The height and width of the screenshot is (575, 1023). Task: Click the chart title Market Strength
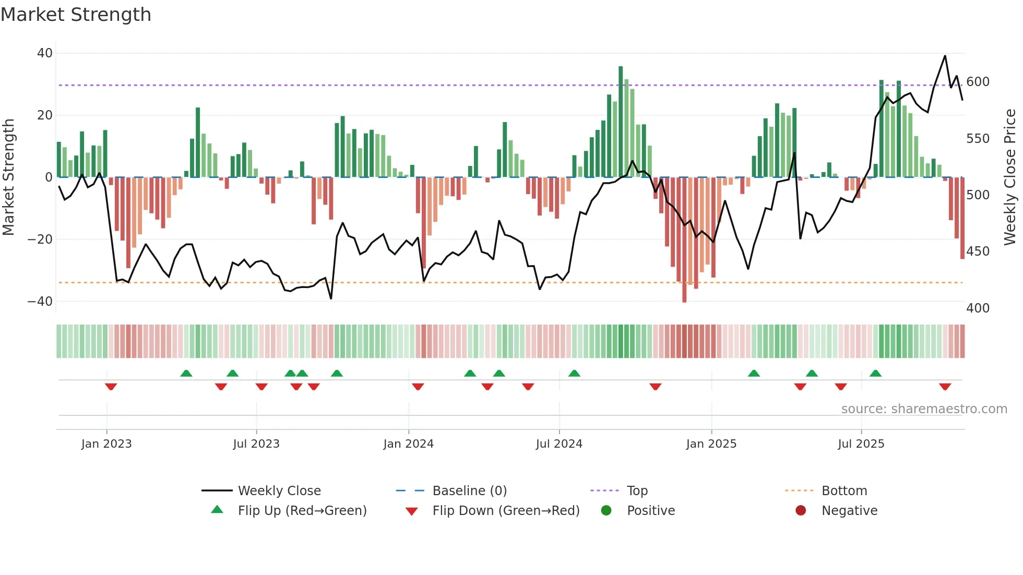pyautogui.click(x=76, y=15)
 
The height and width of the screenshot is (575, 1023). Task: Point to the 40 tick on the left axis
pyautogui.click(x=44, y=53)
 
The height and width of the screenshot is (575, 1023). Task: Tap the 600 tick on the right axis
pyautogui.click(x=978, y=82)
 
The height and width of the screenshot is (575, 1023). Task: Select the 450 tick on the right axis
pyautogui.click(x=978, y=251)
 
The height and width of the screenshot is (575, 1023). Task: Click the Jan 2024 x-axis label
pyautogui.click(x=408, y=444)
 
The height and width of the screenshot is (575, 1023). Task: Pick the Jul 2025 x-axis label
pyautogui.click(x=861, y=444)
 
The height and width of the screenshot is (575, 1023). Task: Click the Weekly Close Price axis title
pyautogui.click(x=1010, y=177)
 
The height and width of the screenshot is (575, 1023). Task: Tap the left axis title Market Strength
pyautogui.click(x=8, y=177)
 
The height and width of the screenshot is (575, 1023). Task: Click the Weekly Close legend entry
pyautogui.click(x=279, y=491)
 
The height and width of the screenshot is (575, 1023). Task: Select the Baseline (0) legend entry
pyautogui.click(x=469, y=491)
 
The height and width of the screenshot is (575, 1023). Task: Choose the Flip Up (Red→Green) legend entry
pyautogui.click(x=302, y=511)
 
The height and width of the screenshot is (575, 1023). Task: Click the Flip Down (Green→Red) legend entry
pyautogui.click(x=505, y=511)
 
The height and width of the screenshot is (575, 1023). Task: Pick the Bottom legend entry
pyautogui.click(x=843, y=491)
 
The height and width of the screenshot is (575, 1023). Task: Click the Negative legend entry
pyautogui.click(x=849, y=511)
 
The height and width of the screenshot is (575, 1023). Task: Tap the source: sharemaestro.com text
pyautogui.click(x=924, y=409)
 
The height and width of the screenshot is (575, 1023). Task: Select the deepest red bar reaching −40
pyautogui.click(x=684, y=240)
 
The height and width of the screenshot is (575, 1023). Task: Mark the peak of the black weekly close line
pyautogui.click(x=945, y=56)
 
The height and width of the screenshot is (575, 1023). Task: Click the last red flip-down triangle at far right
pyautogui.click(x=945, y=387)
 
